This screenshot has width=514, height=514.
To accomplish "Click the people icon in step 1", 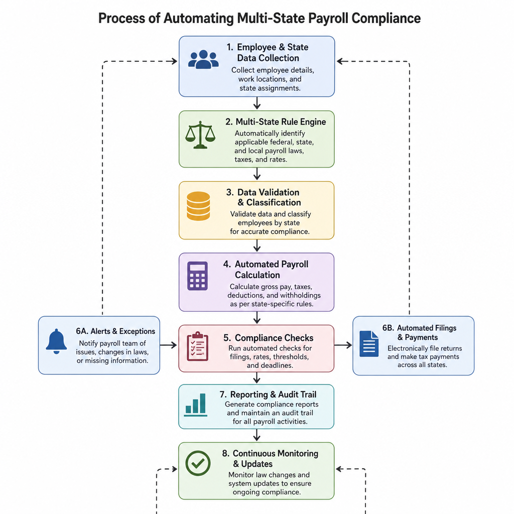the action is click(203, 59).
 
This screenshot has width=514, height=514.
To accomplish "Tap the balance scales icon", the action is click(200, 135).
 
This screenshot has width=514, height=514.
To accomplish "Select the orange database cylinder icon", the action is click(198, 206).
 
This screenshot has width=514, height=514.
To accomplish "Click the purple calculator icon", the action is click(197, 276).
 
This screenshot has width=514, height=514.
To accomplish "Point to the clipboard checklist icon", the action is click(197, 346).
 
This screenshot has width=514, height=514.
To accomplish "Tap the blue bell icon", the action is click(56, 341).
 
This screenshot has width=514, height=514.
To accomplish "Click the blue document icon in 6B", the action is click(369, 343).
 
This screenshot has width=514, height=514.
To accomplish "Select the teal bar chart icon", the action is click(196, 405).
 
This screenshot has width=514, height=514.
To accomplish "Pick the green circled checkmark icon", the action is click(198, 463).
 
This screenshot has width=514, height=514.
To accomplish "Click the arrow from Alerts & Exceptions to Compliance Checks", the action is click(169, 345).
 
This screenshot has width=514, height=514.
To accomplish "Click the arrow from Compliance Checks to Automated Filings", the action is click(343, 345).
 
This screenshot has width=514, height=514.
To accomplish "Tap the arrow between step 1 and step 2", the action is click(257, 103).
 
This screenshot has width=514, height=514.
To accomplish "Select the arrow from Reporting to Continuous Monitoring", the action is click(257, 435).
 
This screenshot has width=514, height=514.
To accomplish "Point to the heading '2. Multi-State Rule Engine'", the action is click(276, 122).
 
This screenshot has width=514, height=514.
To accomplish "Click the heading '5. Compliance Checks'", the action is click(269, 338).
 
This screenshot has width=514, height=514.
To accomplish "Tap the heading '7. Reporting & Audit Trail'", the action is click(268, 395).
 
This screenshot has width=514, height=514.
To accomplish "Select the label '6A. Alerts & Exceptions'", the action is click(115, 331).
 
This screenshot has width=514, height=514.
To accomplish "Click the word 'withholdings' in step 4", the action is click(300, 295).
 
